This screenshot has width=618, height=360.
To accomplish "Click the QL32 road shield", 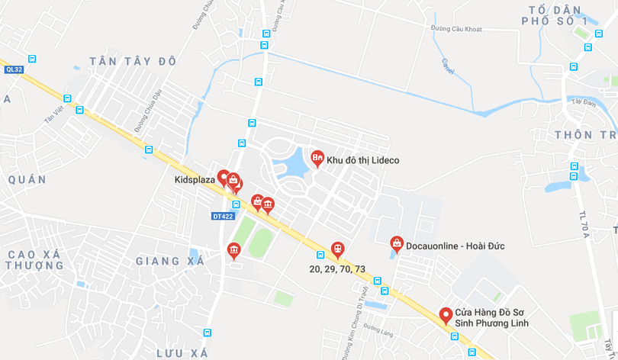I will (14, 69).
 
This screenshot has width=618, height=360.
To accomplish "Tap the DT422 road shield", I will (222, 217).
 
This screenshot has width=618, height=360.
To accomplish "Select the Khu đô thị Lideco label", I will (362, 160).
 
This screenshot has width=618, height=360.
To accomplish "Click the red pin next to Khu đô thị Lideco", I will (317, 157).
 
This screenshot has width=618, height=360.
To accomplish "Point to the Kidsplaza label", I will (195, 181).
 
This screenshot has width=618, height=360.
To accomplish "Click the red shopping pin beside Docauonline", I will (397, 243).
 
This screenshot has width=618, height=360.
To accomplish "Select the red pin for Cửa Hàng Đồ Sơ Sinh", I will (446, 315).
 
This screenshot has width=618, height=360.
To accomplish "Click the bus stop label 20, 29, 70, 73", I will (337, 268).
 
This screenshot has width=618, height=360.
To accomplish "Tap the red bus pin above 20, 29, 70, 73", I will (337, 249).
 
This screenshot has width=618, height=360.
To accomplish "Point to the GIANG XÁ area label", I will (170, 261).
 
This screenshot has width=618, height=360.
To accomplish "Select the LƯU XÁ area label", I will (182, 353).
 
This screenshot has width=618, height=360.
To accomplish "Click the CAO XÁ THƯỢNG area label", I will (35, 259).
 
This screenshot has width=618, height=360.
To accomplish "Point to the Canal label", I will (447, 66).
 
